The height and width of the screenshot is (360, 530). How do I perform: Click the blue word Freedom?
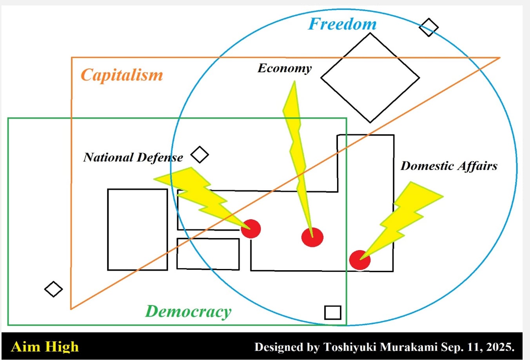342,24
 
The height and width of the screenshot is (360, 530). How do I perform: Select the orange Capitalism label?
122,75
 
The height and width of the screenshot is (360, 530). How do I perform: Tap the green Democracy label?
188,311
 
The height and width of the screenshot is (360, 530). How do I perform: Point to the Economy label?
285,68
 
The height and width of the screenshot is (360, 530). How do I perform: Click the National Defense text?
133,157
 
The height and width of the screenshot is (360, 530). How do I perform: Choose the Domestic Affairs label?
449,166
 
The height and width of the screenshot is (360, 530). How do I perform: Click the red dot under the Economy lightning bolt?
312,237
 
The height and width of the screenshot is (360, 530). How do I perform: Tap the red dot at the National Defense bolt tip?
251,229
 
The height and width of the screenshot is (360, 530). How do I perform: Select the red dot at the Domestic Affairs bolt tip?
360,260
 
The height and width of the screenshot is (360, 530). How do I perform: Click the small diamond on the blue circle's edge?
428,27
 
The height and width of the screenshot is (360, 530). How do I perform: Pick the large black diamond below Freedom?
370,78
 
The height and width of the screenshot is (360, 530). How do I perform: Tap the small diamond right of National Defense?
200,155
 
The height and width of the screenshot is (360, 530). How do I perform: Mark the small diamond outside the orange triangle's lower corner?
53,289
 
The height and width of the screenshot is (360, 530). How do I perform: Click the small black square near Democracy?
333,313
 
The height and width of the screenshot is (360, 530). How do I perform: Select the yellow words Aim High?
45,347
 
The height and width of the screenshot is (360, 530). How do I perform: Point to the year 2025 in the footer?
500,347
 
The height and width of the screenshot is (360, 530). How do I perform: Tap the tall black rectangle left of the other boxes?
138,229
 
